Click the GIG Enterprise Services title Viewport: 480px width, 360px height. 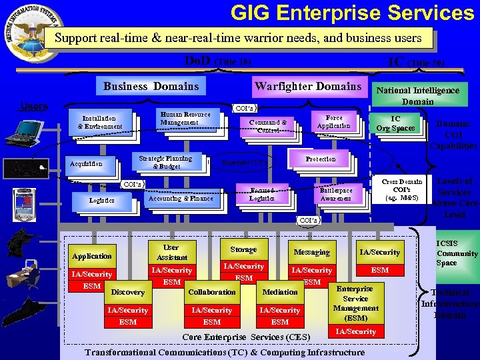(352, 13)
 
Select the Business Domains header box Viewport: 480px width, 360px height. (151, 86)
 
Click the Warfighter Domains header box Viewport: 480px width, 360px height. (307, 86)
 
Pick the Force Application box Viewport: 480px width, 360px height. (333, 121)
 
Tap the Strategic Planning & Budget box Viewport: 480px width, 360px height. (165, 162)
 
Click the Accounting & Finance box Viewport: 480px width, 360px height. (181, 198)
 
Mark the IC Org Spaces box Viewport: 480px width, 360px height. (395, 124)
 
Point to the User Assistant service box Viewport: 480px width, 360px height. (172, 252)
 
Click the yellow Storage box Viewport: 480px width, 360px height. (243, 249)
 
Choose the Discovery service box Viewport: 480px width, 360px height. (127, 292)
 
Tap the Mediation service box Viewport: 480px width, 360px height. (280, 292)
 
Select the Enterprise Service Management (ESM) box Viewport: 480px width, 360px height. (355, 303)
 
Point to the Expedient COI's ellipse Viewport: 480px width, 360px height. (242, 162)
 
